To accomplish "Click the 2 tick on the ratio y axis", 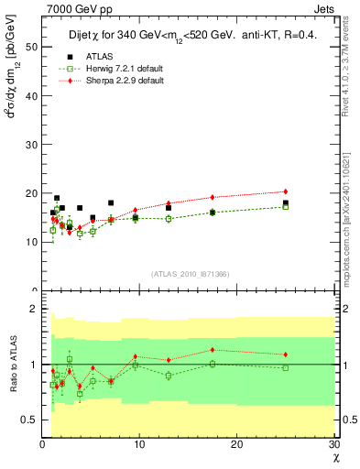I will (x=35, y=309).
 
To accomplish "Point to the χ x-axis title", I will (x=334, y=456).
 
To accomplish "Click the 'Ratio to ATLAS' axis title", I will (x=11, y=364).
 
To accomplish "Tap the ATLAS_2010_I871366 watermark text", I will (x=190, y=274).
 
